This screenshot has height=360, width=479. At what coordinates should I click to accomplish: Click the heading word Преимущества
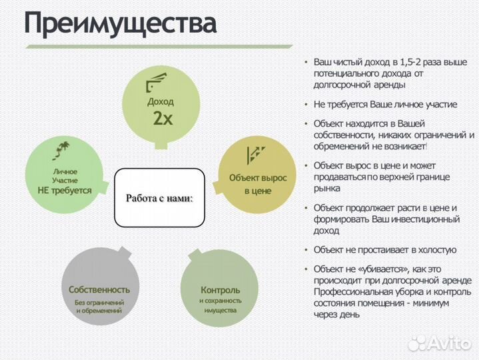click(x=121, y=24)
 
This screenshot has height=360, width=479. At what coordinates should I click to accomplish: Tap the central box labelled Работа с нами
click(x=160, y=198)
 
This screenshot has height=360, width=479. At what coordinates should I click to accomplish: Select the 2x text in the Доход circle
click(x=163, y=119)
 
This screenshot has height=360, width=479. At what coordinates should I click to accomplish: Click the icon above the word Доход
click(x=155, y=85)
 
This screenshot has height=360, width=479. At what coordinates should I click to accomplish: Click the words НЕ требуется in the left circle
click(x=65, y=190)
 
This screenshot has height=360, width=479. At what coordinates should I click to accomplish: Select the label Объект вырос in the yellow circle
click(x=258, y=178)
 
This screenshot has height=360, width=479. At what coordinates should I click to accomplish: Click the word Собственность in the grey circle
click(x=99, y=290)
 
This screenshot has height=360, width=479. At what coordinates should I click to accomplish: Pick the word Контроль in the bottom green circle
click(x=221, y=290)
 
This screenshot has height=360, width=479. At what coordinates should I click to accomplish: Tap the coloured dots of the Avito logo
click(x=418, y=343)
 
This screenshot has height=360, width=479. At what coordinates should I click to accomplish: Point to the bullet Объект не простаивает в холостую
click(x=385, y=249)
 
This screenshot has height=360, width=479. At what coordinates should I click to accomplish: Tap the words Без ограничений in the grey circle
click(x=99, y=303)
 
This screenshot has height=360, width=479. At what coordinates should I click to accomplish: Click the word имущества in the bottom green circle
click(x=221, y=311)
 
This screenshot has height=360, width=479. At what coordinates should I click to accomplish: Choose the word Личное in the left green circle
click(x=65, y=171)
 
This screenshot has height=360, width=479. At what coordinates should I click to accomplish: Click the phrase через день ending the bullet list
click(x=336, y=315)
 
